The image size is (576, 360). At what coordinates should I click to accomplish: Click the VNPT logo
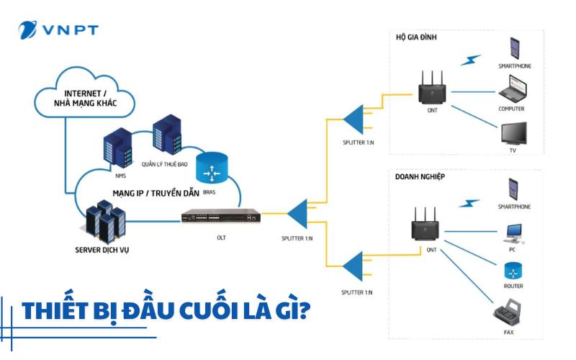coord(58,30)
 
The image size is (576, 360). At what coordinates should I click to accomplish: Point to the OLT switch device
coord(220,215)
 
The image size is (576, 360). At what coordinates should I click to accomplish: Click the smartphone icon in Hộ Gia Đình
coord(516,49)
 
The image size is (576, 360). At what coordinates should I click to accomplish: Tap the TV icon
coord(515,135)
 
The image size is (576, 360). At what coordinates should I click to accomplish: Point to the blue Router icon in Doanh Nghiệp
coord(513,271)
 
